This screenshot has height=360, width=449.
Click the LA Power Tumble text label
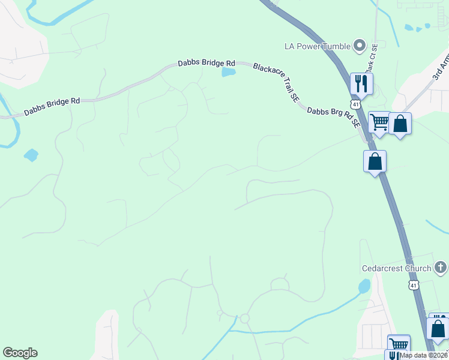318,46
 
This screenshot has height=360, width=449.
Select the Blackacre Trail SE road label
276,82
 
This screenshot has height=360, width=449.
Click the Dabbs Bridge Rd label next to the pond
206,63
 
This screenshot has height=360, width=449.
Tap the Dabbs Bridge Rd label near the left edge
52,107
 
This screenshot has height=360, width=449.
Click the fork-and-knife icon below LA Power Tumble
361,83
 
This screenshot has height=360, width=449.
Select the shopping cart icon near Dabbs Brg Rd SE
379,122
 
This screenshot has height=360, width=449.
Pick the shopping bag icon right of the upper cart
400,124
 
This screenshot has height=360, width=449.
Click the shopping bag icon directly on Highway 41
375,161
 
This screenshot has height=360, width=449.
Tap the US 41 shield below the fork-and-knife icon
357,104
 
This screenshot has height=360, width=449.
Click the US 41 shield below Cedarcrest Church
413,284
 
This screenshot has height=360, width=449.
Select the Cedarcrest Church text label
396,268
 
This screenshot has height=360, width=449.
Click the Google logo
20,353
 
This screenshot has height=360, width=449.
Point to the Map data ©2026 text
424,355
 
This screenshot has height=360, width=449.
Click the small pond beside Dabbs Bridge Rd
228,73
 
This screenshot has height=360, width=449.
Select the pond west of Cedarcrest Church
364,286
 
